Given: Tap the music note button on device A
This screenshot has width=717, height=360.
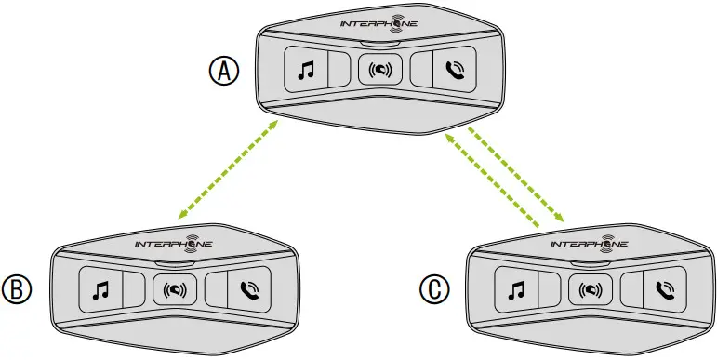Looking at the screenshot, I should [x=305, y=69].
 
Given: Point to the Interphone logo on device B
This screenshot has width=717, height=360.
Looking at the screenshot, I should [x=173, y=244].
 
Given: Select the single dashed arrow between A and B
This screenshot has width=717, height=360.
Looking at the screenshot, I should [x=227, y=169].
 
